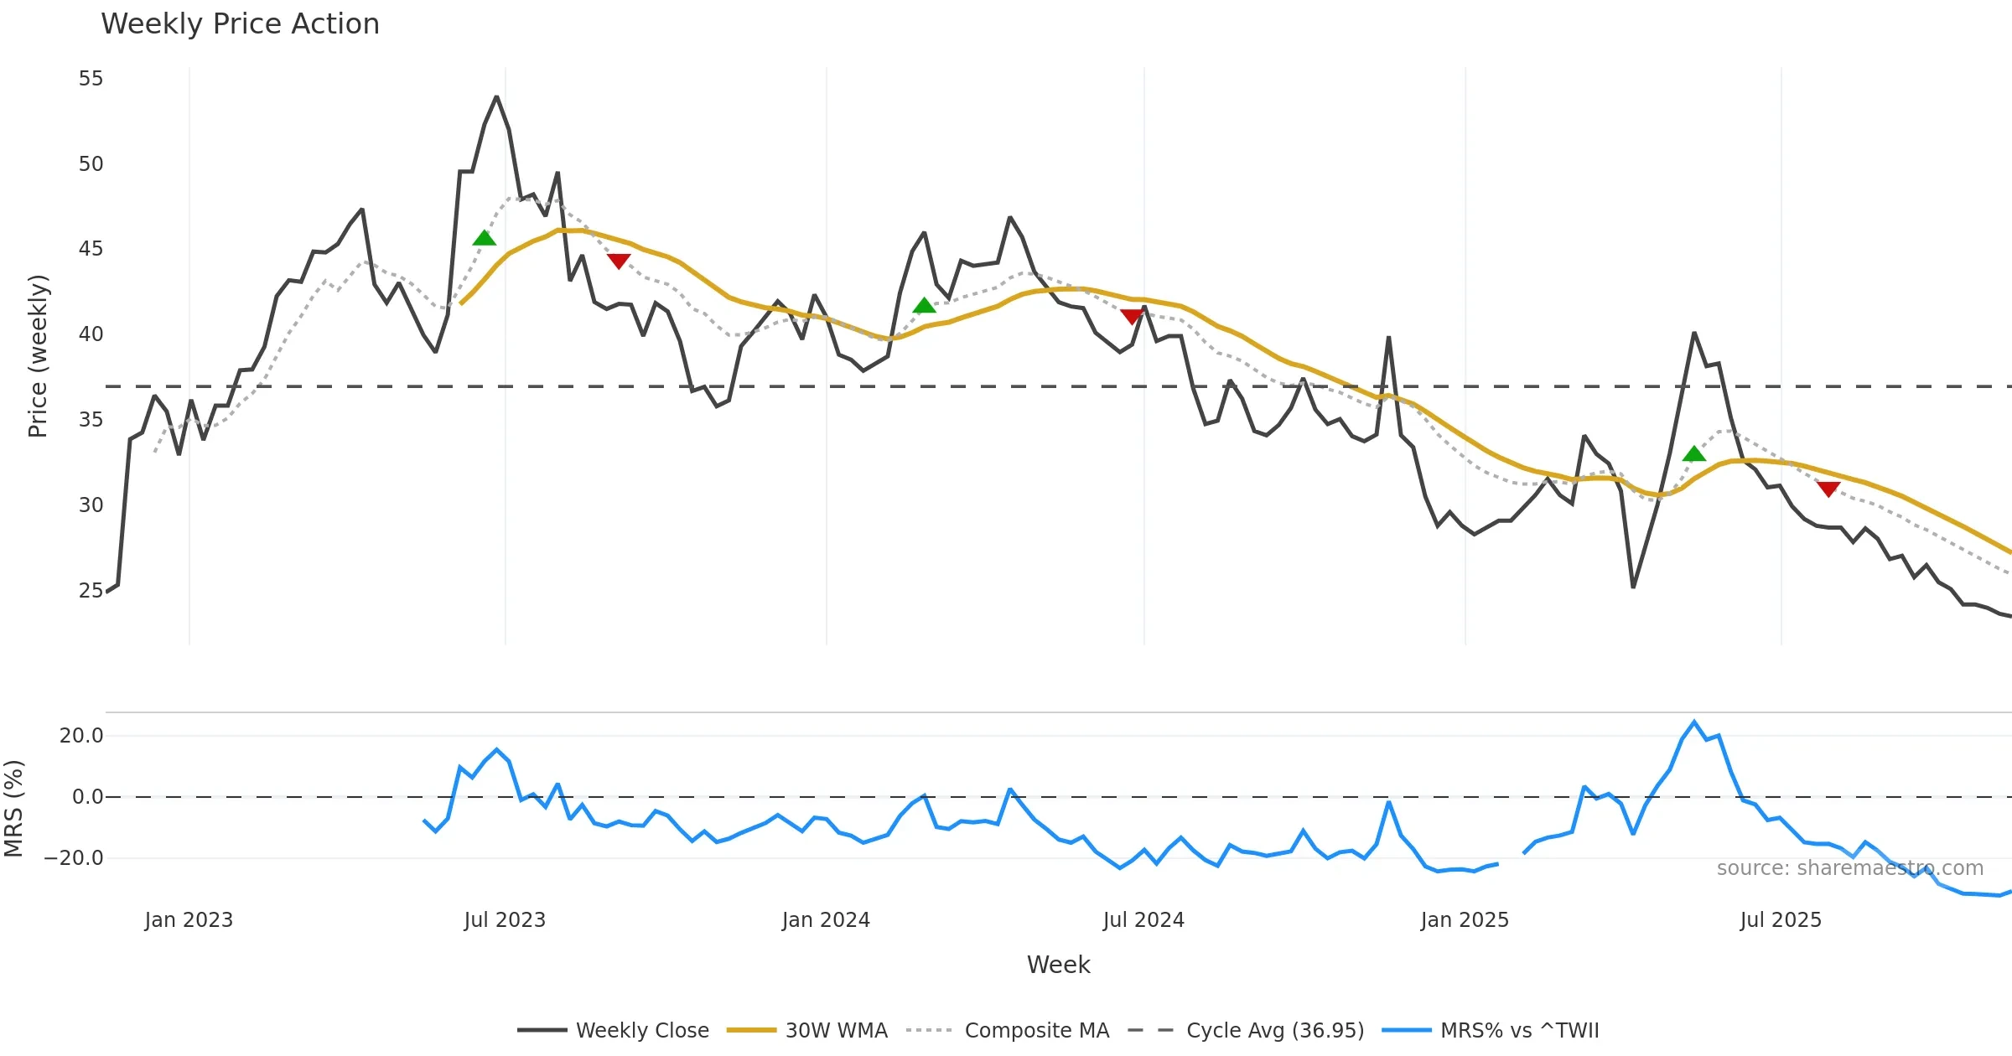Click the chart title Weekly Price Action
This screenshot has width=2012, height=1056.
pos(240,24)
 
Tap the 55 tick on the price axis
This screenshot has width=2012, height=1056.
pos(91,79)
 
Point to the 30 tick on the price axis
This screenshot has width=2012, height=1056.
pos(91,505)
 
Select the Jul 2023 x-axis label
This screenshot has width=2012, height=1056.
pos(505,920)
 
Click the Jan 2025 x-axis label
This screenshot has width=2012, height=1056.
pos(1465,920)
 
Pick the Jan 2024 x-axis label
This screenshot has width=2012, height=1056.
pos(826,920)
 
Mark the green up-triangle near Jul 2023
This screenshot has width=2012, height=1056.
pos(485,238)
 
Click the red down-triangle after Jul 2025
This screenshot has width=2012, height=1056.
pos(1828,489)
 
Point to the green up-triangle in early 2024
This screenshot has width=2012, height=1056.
pos(924,306)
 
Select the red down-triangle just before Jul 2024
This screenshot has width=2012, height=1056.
pos(1132,316)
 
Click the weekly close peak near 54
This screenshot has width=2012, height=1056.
pos(497,97)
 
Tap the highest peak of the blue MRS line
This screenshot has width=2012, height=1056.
pos(1694,722)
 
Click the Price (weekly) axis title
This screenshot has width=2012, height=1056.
pos(39,356)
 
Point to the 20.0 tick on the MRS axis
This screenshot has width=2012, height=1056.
pos(81,736)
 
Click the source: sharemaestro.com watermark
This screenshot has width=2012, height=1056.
pos(1850,868)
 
